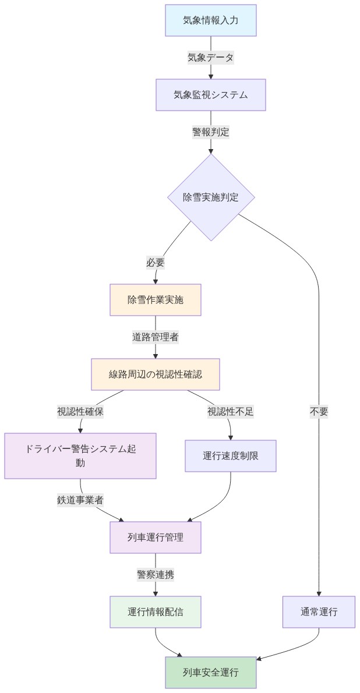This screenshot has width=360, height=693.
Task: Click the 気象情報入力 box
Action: tap(210, 20)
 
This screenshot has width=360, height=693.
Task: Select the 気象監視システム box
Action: tap(210, 94)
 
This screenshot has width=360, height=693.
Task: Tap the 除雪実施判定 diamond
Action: tap(210, 197)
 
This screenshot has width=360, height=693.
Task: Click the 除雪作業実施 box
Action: tap(155, 300)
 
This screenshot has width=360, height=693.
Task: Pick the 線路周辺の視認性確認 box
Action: tap(155, 374)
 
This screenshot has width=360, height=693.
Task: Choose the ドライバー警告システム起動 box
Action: tap(80, 455)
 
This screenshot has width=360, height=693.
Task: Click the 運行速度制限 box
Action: tap(230, 455)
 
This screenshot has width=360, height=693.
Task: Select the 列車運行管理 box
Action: tap(155, 537)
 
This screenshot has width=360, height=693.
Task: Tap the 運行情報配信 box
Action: tap(155, 611)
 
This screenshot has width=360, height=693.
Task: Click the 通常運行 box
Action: tap(319, 611)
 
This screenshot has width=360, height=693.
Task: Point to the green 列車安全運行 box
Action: tap(210, 673)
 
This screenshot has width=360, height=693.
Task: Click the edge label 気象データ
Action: tap(210, 58)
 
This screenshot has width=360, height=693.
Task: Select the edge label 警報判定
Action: tap(210, 132)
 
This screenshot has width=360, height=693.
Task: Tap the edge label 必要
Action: tap(155, 263)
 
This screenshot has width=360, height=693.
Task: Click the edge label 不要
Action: tap(319, 412)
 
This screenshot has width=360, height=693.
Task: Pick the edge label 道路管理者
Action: tap(155, 337)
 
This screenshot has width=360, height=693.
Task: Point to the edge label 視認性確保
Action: tap(80, 412)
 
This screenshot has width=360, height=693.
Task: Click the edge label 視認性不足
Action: tap(230, 412)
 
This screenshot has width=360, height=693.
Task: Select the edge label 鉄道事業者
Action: tap(80, 500)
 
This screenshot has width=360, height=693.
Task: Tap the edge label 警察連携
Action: tap(155, 574)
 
